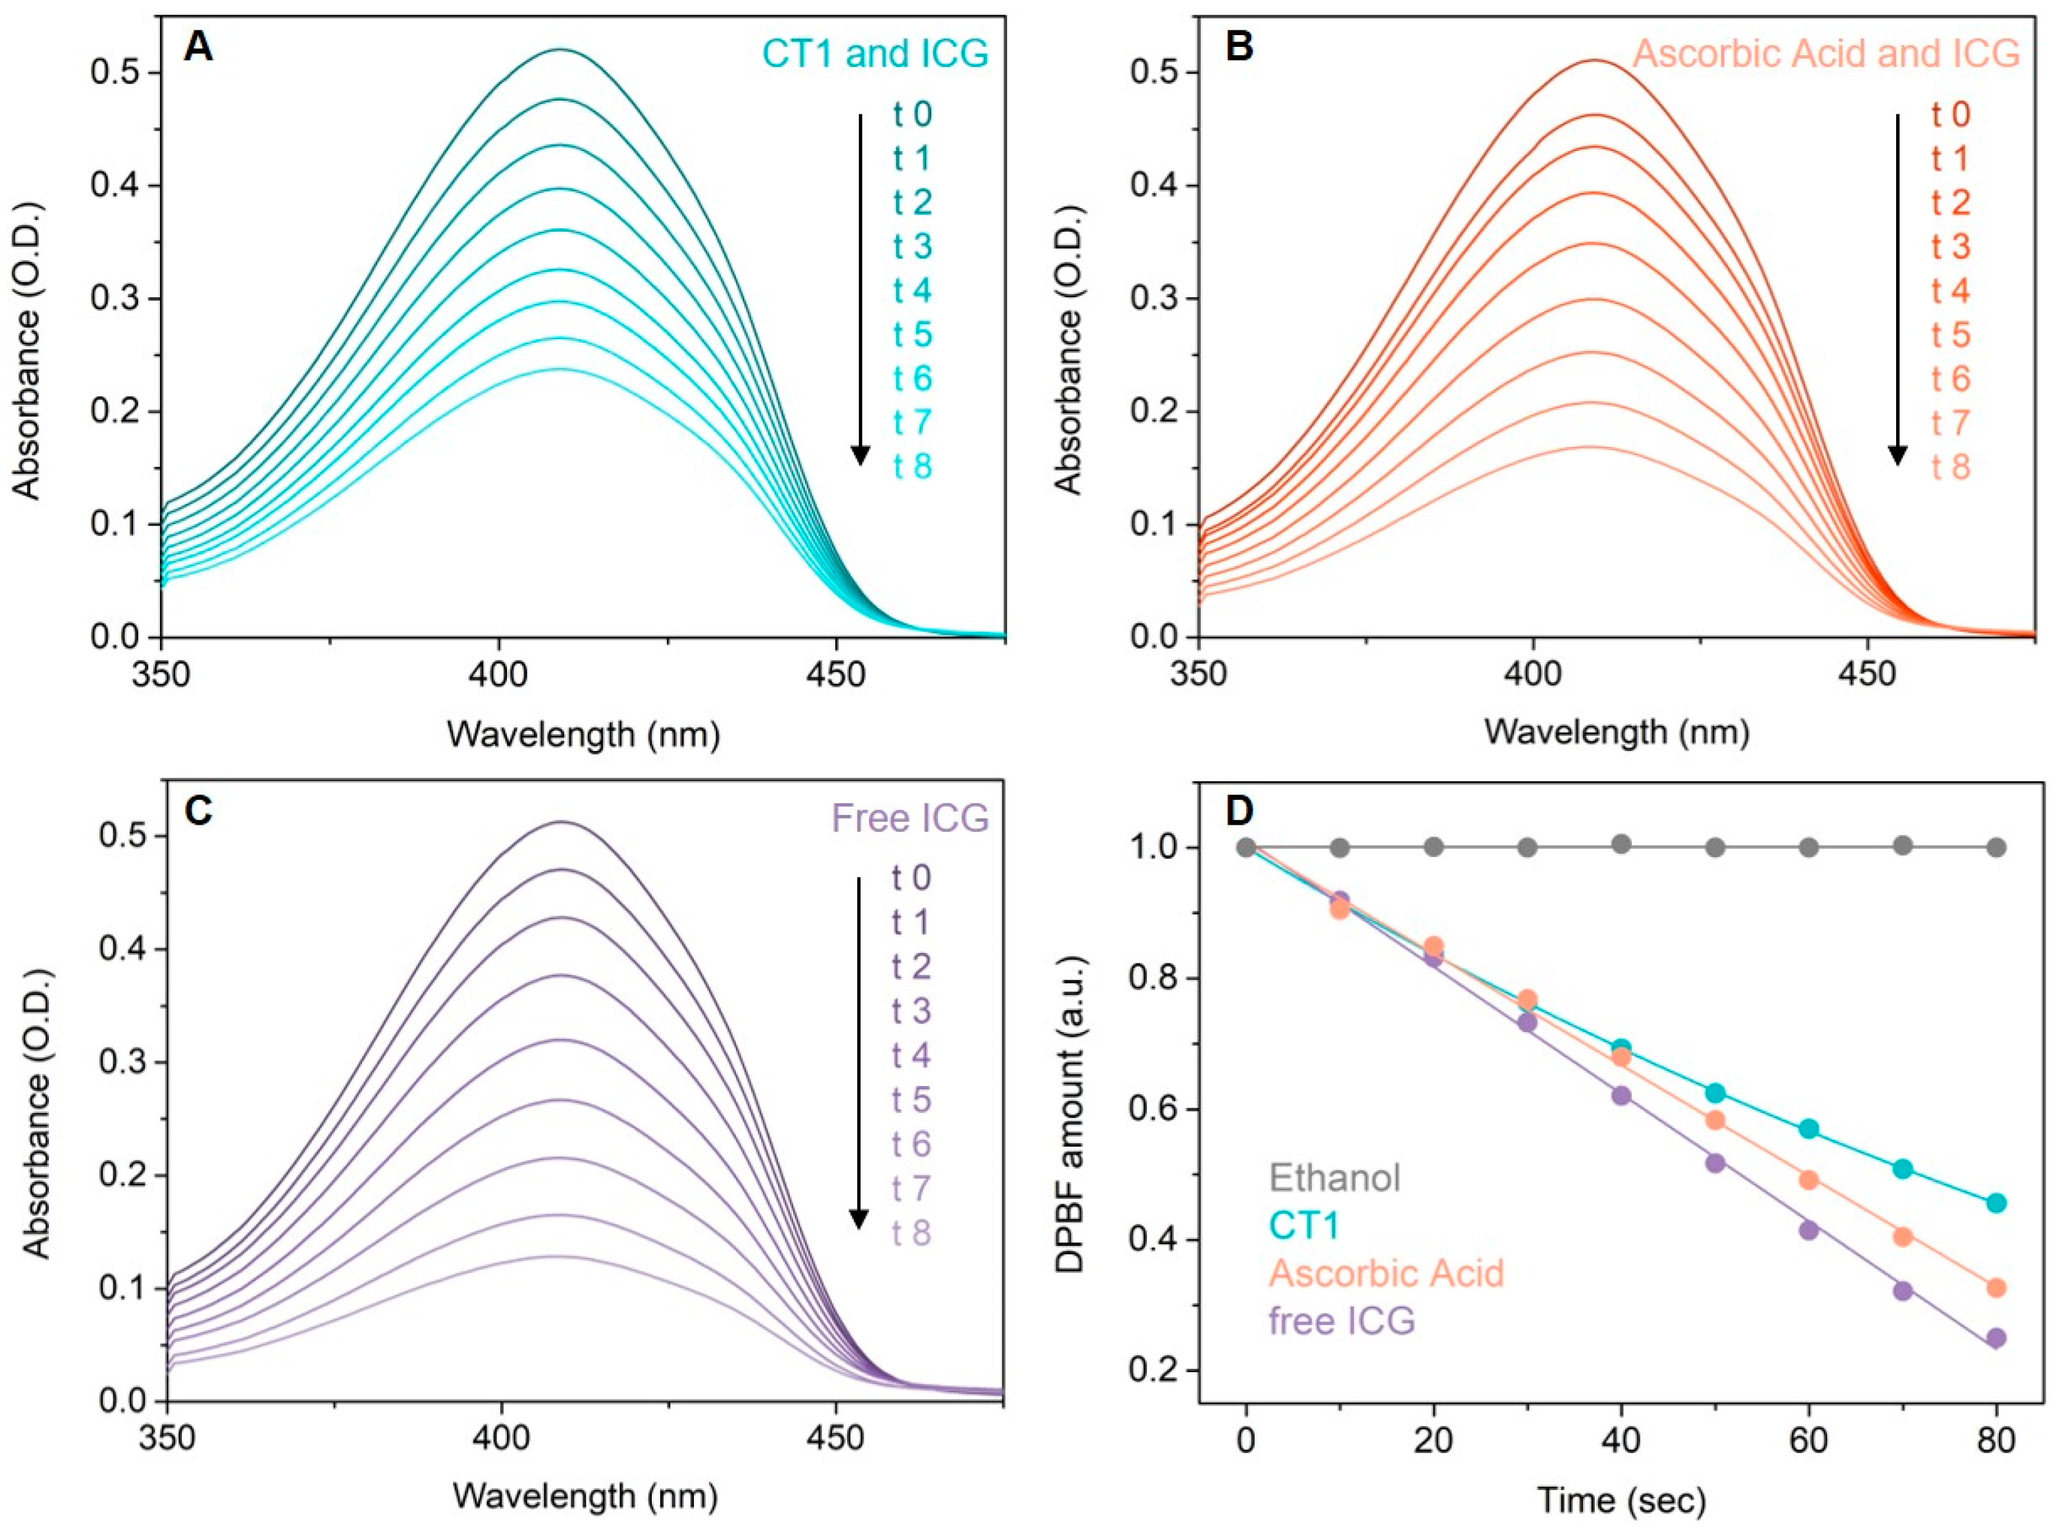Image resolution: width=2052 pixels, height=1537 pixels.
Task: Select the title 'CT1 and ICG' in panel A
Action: [875, 53]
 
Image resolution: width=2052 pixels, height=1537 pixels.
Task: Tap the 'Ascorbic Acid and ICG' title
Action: [1826, 53]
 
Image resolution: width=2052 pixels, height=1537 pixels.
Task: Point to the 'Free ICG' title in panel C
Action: [910, 818]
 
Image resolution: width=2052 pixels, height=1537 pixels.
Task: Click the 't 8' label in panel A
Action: [913, 467]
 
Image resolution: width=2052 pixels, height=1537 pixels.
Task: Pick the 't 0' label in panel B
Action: [1951, 115]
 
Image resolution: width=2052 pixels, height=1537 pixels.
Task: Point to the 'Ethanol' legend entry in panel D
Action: [1334, 1178]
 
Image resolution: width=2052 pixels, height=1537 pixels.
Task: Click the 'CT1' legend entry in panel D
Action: [1304, 1225]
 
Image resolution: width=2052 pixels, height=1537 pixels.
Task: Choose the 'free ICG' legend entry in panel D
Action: [1342, 1320]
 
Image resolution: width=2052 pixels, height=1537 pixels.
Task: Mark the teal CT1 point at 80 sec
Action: [1996, 1203]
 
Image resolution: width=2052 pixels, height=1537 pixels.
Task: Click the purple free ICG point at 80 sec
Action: [1996, 1338]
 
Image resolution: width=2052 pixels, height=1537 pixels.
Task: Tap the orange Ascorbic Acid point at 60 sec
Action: [1808, 1180]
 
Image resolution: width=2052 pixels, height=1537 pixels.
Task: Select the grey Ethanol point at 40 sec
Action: [1621, 844]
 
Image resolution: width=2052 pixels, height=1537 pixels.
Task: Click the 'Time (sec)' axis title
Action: [1622, 1500]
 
